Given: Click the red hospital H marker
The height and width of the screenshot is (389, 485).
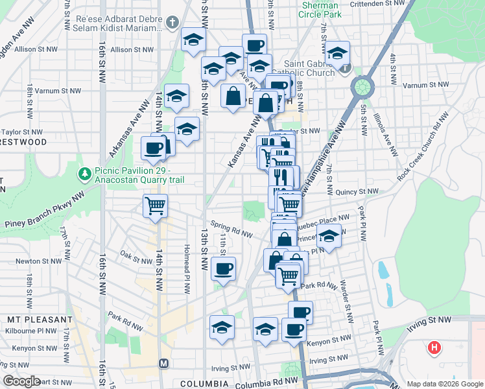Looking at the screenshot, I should pyautogui.click(x=434, y=348).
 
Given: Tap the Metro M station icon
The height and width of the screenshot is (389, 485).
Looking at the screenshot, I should pyautogui.click(x=163, y=363).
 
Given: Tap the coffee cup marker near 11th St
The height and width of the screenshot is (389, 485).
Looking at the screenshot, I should pyautogui.click(x=224, y=268).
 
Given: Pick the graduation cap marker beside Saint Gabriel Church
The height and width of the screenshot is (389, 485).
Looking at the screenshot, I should pyautogui.click(x=337, y=53).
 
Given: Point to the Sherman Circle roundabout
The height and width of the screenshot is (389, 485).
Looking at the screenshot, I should pyautogui.click(x=361, y=86).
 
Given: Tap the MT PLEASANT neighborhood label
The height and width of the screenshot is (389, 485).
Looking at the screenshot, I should pyautogui.click(x=40, y=320).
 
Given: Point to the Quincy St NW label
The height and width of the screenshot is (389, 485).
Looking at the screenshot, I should pyautogui.click(x=361, y=192).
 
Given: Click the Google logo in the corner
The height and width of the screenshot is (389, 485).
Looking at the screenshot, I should pyautogui.click(x=22, y=382).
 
